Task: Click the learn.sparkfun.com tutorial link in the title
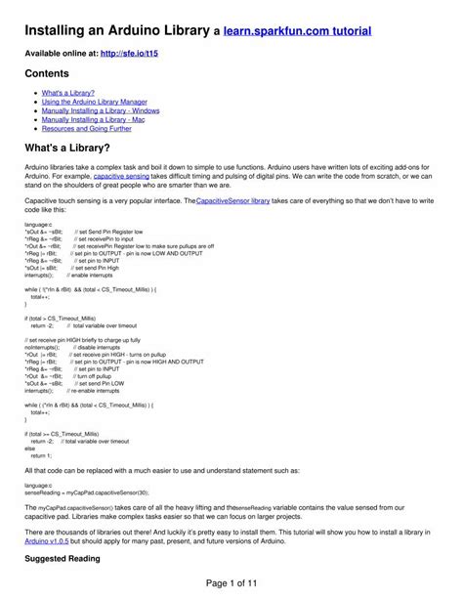297,31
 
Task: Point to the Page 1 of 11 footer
231,582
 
